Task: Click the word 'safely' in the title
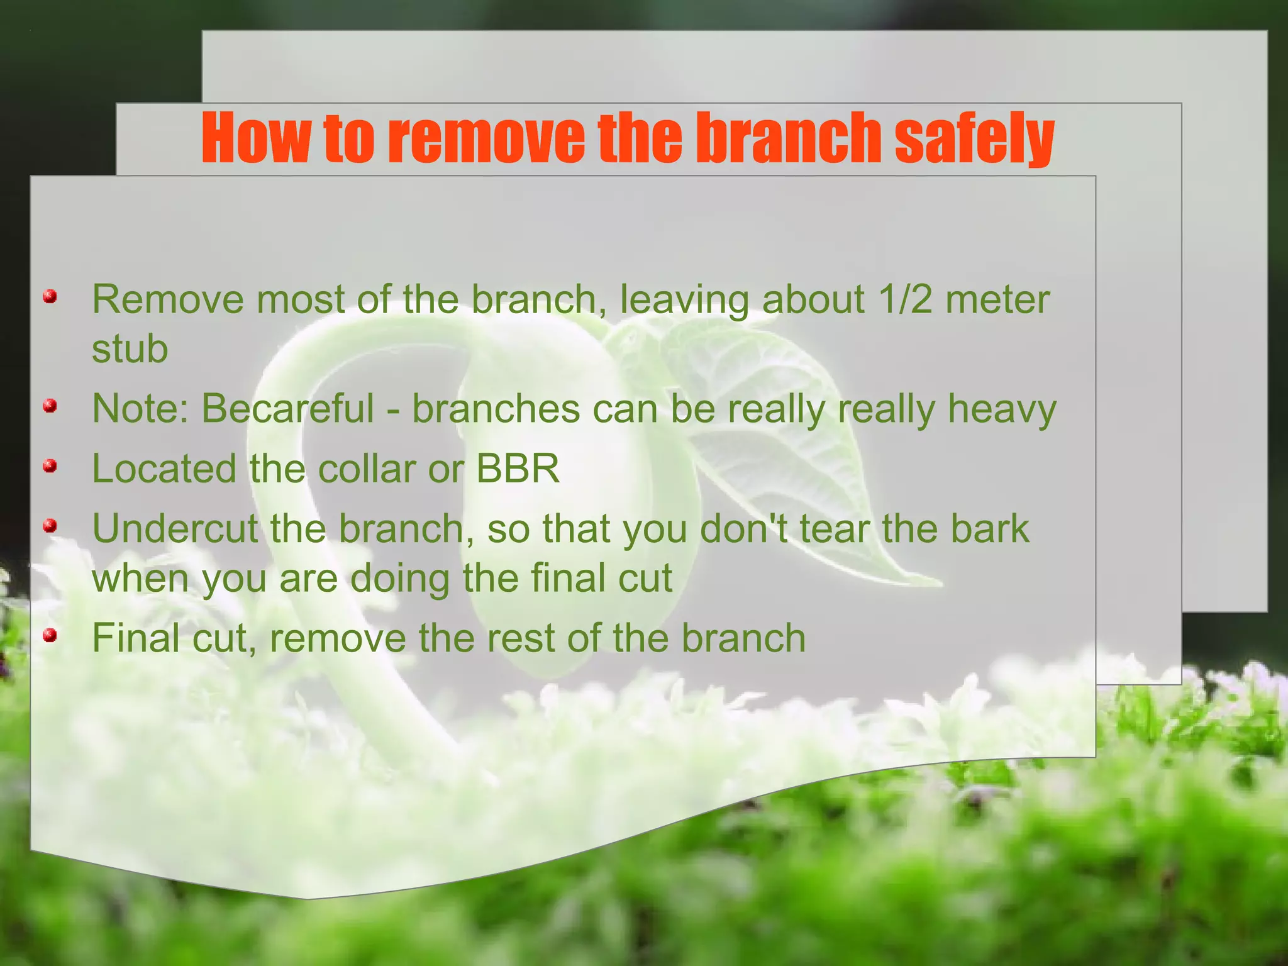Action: (x=974, y=138)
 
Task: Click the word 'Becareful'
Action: (x=287, y=409)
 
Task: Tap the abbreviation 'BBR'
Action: (x=517, y=469)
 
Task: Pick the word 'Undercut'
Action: (x=175, y=528)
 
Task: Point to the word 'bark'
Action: (x=989, y=528)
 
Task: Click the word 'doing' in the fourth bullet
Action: (x=399, y=579)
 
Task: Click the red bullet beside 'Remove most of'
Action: (x=50, y=297)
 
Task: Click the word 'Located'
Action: (x=164, y=469)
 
